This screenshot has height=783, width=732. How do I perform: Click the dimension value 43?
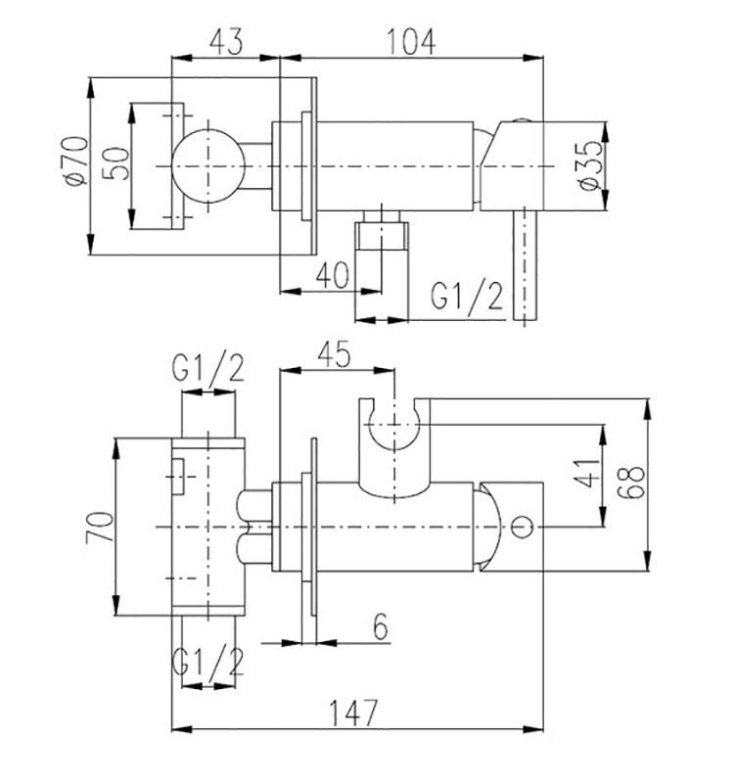(x=226, y=41)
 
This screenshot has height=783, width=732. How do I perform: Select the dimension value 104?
(x=411, y=41)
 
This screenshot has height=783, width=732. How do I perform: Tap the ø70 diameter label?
(x=76, y=161)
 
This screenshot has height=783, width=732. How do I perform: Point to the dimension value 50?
(x=115, y=162)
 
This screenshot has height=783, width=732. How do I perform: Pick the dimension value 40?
(x=332, y=275)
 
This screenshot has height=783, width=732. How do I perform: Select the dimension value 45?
(x=334, y=355)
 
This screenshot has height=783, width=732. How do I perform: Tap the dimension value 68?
(x=630, y=482)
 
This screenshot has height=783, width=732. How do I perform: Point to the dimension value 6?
(x=381, y=626)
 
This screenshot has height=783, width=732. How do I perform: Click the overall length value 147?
(x=353, y=713)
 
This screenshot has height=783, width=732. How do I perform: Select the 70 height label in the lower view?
(x=100, y=528)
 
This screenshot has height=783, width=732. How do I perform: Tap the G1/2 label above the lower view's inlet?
(x=207, y=370)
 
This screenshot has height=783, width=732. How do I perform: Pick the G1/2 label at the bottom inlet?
(x=207, y=665)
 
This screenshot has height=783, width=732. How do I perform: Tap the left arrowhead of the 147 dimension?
(x=182, y=729)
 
